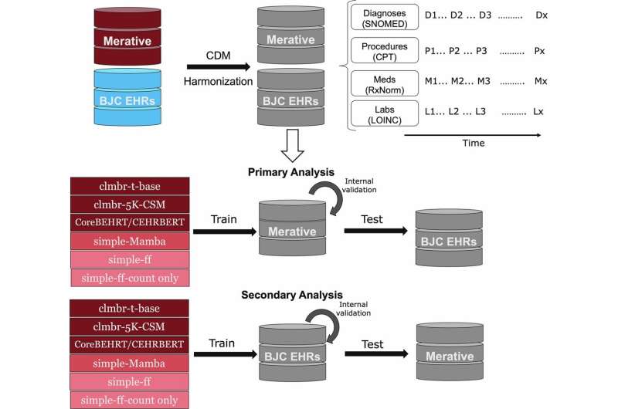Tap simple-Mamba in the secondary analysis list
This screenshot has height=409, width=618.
click(x=120, y=362)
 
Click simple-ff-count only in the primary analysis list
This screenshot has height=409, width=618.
click(x=120, y=278)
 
